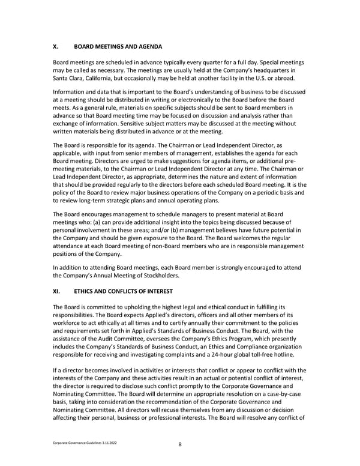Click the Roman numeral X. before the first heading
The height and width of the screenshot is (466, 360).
point(56,46)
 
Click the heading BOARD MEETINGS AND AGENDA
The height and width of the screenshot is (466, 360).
point(115,46)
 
